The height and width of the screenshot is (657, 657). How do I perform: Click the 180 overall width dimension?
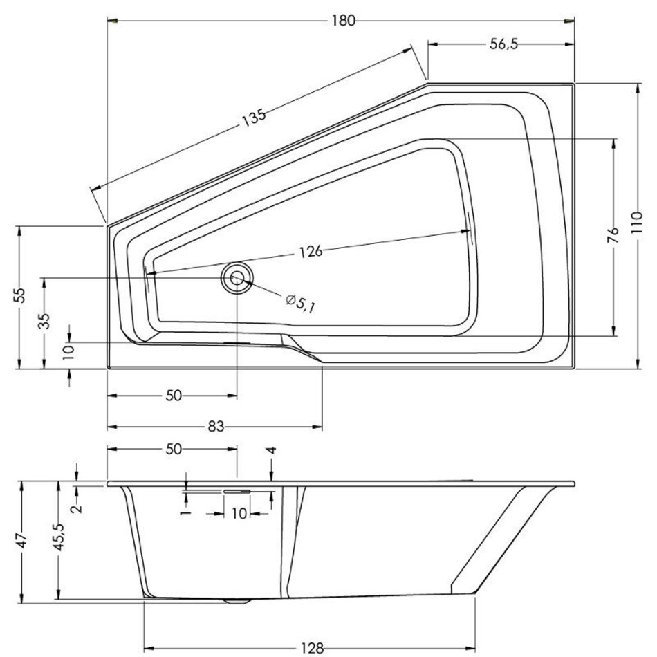pos(343,21)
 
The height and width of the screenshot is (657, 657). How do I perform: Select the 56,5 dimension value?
pos(503,44)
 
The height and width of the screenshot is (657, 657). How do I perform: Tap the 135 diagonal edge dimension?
pos(254,118)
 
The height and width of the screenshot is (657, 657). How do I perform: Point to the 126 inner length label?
pos(311,252)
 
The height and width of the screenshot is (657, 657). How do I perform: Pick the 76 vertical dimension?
pos(613,236)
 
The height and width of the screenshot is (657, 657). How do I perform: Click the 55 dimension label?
pos(19,295)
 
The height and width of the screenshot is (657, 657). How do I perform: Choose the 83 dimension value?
pos(216,427)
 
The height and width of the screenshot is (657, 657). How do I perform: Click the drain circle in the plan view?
pos(237,278)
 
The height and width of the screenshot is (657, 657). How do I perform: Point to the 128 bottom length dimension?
pos(312,648)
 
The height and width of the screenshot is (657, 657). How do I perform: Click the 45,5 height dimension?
pos(58,537)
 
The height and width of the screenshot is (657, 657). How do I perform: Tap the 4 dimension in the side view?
pos(272,450)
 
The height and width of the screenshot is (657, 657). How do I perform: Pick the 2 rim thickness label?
pos(77,509)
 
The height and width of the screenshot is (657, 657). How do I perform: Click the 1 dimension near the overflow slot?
pos(187,512)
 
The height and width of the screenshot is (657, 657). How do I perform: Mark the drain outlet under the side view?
pos(238,601)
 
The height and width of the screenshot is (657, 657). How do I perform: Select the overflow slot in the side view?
pos(237,491)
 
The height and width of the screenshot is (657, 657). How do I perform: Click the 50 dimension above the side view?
pos(174,449)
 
